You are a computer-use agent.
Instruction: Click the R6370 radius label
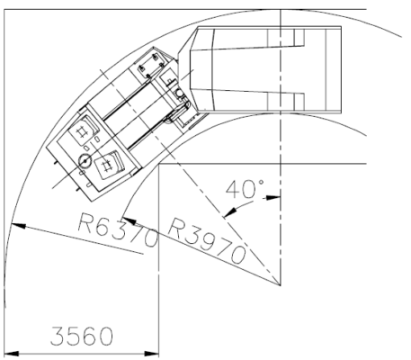click(x=117, y=233)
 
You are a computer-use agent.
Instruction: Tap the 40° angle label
click(x=245, y=191)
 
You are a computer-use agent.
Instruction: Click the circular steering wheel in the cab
click(x=85, y=160)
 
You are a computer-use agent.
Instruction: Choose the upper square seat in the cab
click(x=86, y=131)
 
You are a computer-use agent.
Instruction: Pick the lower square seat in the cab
click(x=111, y=164)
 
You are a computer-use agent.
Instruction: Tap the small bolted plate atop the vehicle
click(x=151, y=66)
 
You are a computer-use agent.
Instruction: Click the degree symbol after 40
click(x=261, y=181)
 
